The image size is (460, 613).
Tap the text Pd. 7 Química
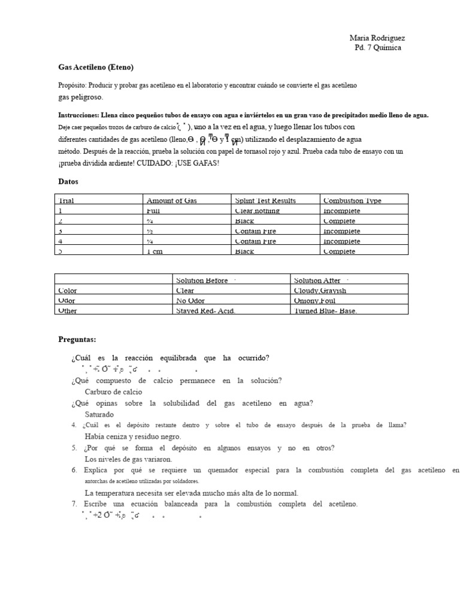[378, 48]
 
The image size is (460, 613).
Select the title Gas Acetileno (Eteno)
[96, 67]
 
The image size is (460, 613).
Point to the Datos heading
[68, 181]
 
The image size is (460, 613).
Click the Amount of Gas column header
[171, 201]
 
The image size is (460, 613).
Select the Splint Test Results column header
[265, 201]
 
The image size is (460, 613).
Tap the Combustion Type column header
[352, 201]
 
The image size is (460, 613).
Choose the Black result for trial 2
[244, 221]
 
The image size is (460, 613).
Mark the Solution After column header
[317, 280]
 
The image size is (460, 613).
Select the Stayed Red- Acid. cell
[205, 311]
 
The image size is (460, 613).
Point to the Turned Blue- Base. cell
[325, 311]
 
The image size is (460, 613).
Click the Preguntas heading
[77, 339]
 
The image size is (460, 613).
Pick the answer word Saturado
[99, 414]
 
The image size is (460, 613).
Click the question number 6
[74, 471]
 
